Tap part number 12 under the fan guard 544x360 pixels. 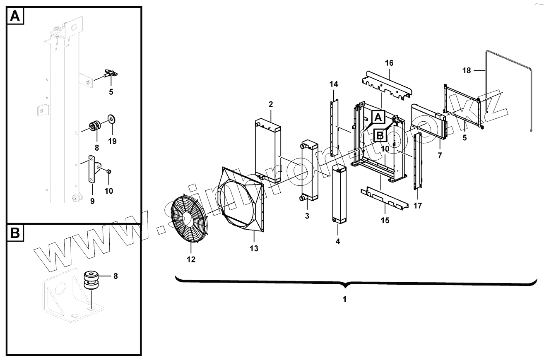[x=191, y=259]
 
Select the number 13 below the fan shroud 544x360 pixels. [x=254, y=248]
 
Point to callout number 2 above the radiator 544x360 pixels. [x=271, y=104]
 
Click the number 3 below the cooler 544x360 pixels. [x=307, y=216]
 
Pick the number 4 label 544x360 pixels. [x=338, y=241]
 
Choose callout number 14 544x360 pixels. [x=334, y=84]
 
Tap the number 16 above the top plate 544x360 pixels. [x=389, y=63]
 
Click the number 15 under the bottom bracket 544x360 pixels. [x=385, y=220]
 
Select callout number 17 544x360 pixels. [x=418, y=205]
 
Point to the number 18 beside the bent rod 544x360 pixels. [x=466, y=70]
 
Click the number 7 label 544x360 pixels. [x=440, y=156]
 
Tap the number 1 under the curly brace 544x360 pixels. [x=344, y=299]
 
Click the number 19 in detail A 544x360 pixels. [x=112, y=141]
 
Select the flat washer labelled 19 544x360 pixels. [x=112, y=119]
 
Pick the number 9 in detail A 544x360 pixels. [x=92, y=201]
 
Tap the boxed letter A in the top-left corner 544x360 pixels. [x=14, y=16]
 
